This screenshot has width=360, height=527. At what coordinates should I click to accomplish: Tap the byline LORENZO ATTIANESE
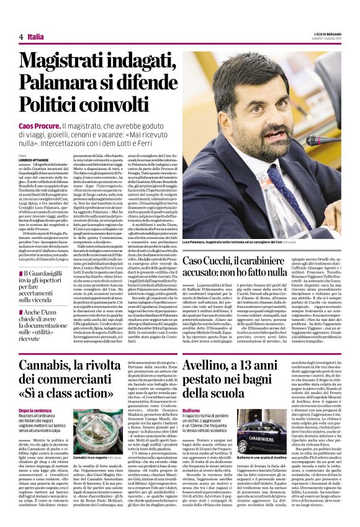(33, 161)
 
